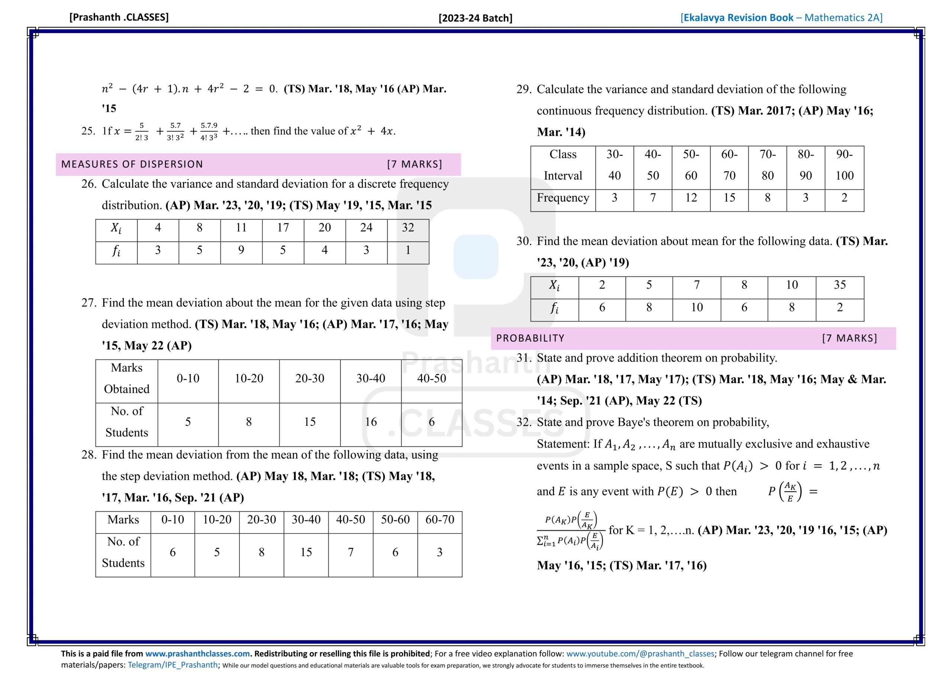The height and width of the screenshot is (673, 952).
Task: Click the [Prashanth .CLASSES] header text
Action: [x=119, y=17]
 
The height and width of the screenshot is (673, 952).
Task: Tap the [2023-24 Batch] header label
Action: [x=475, y=18]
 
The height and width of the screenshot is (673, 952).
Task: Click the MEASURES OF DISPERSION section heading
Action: [x=132, y=164]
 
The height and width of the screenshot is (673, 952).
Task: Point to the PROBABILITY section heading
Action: [x=530, y=338]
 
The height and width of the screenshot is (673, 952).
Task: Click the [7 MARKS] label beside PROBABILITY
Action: [x=849, y=338]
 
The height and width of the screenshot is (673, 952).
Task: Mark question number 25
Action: [x=88, y=131]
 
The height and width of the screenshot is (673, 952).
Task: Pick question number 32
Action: [x=524, y=422]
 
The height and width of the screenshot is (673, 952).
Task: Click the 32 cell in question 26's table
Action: [x=408, y=228]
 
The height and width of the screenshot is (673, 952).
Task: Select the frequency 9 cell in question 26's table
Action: [x=241, y=250]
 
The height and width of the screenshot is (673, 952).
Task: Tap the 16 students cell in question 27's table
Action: [x=371, y=422]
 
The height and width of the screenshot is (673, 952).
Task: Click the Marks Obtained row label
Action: [x=126, y=379]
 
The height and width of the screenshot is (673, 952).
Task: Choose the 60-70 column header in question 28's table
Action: [x=440, y=519]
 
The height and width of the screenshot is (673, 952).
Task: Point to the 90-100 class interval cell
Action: [x=844, y=165]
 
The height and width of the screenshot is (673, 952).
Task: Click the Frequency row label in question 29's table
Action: [x=563, y=198]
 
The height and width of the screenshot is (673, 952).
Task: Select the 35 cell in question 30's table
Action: [x=840, y=285]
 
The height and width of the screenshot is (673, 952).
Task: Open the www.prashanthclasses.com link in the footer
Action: [x=197, y=654]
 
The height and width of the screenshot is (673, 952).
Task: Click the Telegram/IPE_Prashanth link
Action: [x=173, y=665]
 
